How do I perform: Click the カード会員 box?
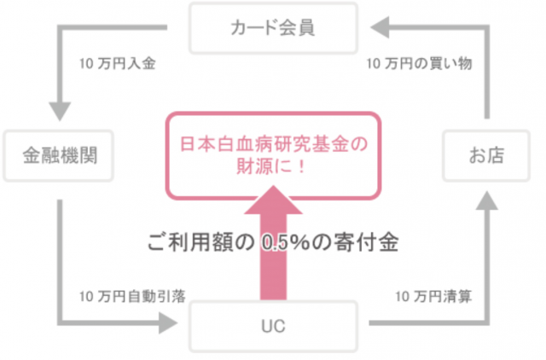(x=273, y=28)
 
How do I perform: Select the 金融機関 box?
(x=59, y=155)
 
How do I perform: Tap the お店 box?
(x=486, y=155)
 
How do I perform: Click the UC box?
(x=273, y=326)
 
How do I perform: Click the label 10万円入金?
(x=118, y=64)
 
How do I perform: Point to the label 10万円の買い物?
(x=419, y=64)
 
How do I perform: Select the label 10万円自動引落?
(x=132, y=297)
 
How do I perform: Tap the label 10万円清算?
(x=433, y=297)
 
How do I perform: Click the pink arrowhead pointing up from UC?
(x=273, y=200)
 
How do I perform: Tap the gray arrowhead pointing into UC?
(x=168, y=322)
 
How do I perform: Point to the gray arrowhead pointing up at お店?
(x=487, y=200)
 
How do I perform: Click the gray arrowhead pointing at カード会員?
(x=380, y=27)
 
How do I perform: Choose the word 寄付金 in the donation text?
(x=366, y=242)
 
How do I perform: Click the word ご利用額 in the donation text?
(x=191, y=242)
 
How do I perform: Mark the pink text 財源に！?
(x=271, y=166)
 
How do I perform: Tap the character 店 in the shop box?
(x=496, y=155)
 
